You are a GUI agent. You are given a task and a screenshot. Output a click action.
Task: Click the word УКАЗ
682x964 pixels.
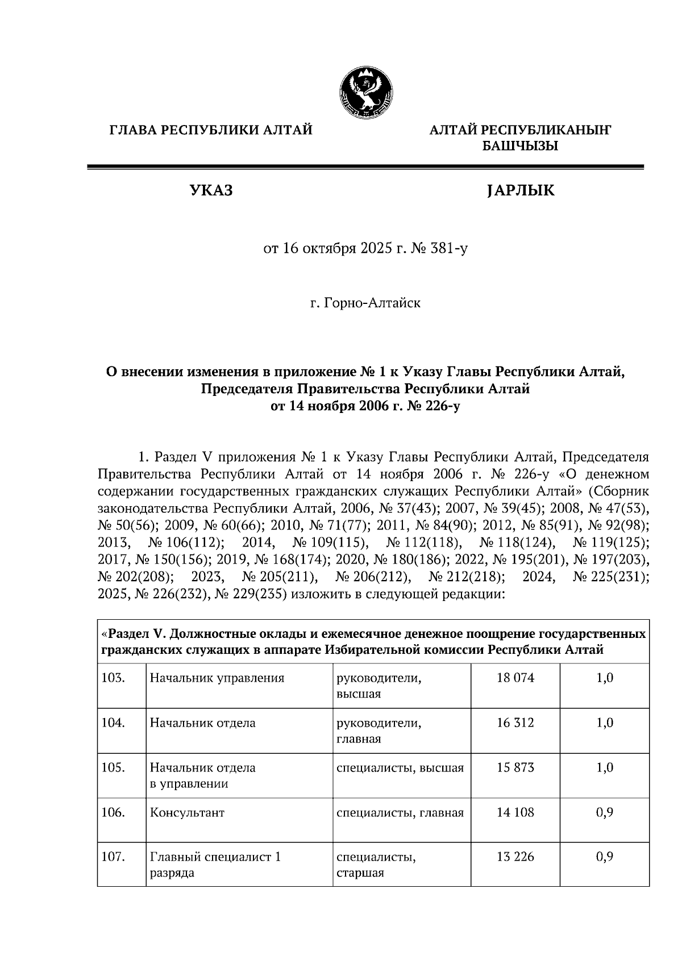tap(211, 191)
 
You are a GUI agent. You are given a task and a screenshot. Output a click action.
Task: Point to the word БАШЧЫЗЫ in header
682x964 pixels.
tap(520, 146)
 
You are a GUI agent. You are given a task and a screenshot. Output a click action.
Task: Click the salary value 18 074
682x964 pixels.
tap(515, 678)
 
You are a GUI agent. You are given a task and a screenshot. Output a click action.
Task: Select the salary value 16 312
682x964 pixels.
tap(515, 723)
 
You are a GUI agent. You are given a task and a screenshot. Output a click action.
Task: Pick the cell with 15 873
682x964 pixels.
tap(515, 767)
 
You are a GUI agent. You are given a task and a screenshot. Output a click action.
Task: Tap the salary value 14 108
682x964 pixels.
tap(515, 812)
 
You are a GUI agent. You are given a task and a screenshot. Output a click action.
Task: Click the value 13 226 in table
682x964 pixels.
tap(515, 857)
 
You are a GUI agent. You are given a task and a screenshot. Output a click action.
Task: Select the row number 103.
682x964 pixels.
tap(113, 678)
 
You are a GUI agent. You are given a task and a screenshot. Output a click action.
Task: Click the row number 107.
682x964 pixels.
tap(113, 857)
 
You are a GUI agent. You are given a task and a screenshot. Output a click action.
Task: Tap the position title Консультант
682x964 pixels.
tap(187, 813)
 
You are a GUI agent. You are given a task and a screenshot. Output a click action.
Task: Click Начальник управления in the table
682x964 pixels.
tap(217, 678)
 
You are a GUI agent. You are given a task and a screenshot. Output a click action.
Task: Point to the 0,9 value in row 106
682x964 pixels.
tap(605, 812)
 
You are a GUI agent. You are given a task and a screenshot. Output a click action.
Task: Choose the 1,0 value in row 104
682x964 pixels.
tap(605, 723)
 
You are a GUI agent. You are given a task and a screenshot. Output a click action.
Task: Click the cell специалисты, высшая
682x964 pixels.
tap(400, 768)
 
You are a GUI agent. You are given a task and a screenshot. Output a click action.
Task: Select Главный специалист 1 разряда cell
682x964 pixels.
tap(215, 865)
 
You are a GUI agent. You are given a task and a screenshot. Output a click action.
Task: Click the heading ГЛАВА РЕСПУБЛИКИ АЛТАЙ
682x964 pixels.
tap(211, 131)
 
